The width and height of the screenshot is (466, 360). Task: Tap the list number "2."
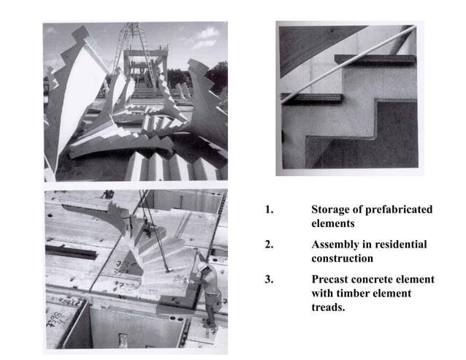[x=269, y=244]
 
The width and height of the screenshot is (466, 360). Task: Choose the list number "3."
[x=269, y=280]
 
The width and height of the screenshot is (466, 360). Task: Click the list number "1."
[x=269, y=210]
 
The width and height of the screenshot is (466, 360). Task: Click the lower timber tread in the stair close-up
[x=313, y=97]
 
